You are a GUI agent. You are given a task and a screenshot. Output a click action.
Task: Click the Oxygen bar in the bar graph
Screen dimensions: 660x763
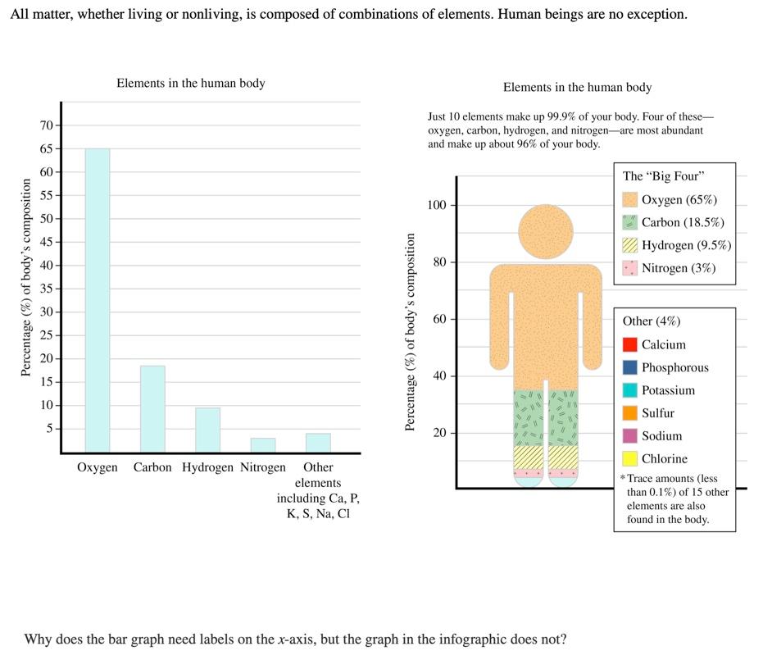[97, 300]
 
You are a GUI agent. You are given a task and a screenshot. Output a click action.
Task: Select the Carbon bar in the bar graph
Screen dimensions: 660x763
[152, 408]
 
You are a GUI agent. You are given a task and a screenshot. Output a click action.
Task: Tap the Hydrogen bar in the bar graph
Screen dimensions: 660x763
[207, 430]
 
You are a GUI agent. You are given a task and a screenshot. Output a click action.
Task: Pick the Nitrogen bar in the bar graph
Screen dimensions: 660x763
[262, 444]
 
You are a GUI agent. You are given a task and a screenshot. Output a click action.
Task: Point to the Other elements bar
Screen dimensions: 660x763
[318, 442]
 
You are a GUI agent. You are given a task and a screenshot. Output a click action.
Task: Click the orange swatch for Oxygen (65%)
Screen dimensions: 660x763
[629, 199]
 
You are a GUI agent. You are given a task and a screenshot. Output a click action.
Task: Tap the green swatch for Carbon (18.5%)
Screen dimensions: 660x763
[629, 222]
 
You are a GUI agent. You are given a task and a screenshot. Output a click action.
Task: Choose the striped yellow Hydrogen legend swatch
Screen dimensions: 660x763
[629, 245]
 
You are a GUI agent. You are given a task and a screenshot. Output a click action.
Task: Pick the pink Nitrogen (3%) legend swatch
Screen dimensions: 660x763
[629, 268]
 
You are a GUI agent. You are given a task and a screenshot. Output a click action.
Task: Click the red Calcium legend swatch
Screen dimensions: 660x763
[629, 344]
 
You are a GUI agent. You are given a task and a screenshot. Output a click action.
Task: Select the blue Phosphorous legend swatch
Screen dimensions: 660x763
[629, 367]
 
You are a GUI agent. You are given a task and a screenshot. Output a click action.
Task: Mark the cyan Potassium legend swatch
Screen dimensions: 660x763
[629, 390]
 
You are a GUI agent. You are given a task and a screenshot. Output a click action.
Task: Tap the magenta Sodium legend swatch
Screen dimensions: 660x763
[629, 436]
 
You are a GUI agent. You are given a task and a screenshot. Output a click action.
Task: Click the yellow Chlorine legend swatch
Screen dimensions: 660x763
[629, 459]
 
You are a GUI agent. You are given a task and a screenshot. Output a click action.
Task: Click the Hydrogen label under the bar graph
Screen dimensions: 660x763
[207, 467]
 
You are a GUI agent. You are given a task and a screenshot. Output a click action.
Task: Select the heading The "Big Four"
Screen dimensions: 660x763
[664, 176]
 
